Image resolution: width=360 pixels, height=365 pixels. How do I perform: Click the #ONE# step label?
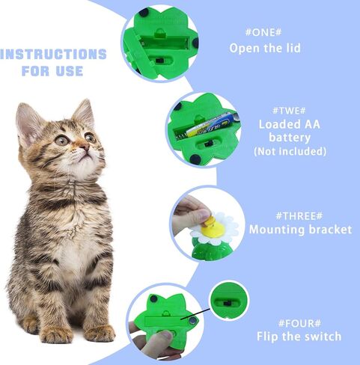(x=265, y=34)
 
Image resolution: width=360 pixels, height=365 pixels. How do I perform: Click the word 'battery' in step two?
(x=290, y=138)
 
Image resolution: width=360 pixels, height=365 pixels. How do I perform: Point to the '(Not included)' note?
(x=290, y=151)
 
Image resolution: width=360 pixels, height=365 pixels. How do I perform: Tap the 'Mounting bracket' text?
(x=299, y=230)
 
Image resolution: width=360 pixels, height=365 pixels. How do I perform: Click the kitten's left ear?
(x=30, y=120)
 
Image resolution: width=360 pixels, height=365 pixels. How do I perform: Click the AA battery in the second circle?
(x=209, y=124)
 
